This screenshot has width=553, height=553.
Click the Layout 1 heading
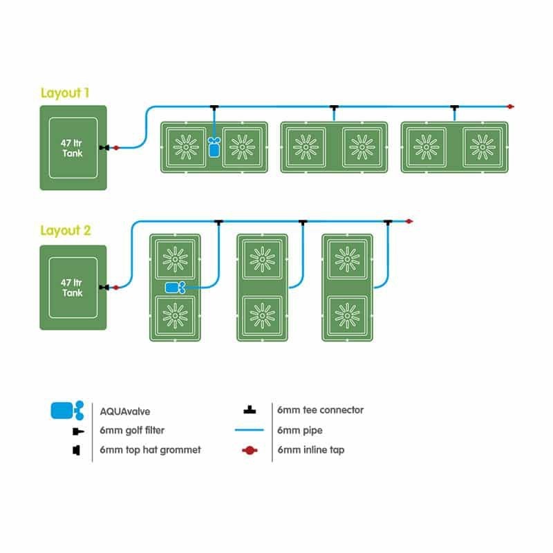tap(65, 93)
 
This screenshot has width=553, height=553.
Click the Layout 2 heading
tap(65, 231)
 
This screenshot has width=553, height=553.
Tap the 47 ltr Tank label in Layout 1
tap(72, 148)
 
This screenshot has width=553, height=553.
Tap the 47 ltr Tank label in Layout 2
tap(72, 288)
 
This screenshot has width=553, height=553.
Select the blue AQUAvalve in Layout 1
tap(214, 147)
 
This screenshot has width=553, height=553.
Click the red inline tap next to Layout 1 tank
tap(115, 147)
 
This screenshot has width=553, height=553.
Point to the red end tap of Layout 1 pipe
tap(510, 107)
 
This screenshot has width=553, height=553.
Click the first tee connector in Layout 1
tap(214, 107)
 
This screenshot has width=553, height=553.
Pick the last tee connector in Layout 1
tap(454, 107)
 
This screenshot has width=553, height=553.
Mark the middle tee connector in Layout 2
tap(302, 221)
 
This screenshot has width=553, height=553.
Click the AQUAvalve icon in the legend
tap(67, 410)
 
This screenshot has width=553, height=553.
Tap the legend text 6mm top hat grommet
tap(150, 450)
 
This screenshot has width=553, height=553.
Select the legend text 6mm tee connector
tap(320, 410)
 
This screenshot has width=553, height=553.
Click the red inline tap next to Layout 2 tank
tap(115, 287)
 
